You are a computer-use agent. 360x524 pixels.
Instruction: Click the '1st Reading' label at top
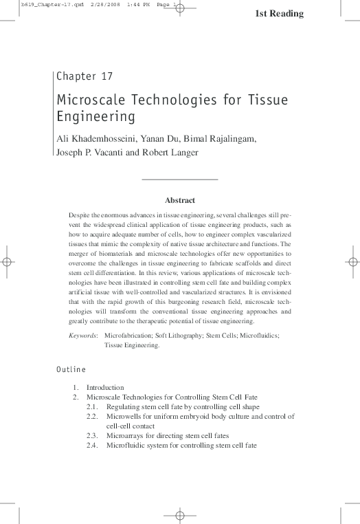tap(280, 14)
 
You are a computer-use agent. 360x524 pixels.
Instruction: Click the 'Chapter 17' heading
tap(85, 76)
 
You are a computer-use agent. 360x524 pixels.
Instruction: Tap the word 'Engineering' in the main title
tap(95, 116)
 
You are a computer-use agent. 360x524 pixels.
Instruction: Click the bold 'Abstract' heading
tap(180, 200)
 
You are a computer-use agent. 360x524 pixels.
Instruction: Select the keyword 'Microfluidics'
tap(258, 335)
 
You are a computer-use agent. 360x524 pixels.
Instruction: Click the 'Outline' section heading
tap(71, 369)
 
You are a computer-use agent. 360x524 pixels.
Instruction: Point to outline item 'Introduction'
tap(105, 387)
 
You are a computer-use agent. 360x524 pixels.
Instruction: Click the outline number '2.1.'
tap(93, 407)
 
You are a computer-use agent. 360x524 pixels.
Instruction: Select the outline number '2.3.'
tap(93, 435)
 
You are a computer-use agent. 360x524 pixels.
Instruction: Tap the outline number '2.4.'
tap(93, 445)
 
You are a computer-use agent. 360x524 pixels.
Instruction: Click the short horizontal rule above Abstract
tap(179, 179)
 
